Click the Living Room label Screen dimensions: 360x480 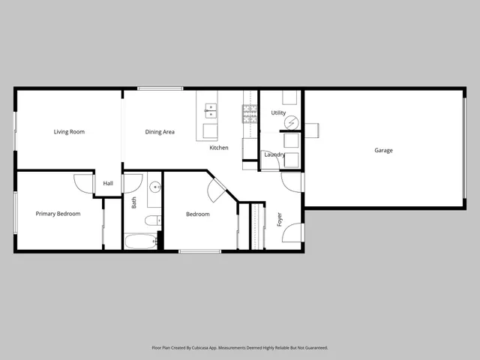pos(69,132)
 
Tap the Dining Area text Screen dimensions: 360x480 pos(160,132)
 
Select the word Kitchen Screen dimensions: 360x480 pos(219,148)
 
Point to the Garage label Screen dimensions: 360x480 pos(383,151)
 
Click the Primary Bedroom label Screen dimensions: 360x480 pos(58,214)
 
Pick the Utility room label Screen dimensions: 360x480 pos(278,113)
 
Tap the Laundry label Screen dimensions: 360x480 pos(274,155)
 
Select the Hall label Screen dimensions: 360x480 pos(108,184)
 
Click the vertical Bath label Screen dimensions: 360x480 pos(134,202)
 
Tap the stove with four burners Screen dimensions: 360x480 pos(250,113)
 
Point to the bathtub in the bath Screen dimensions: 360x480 pos(140,241)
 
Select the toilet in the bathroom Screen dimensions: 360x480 pos(151,220)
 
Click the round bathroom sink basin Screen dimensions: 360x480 pos(155,187)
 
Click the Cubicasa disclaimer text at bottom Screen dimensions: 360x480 pos(240,348)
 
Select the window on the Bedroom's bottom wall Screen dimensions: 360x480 pos(199,251)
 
